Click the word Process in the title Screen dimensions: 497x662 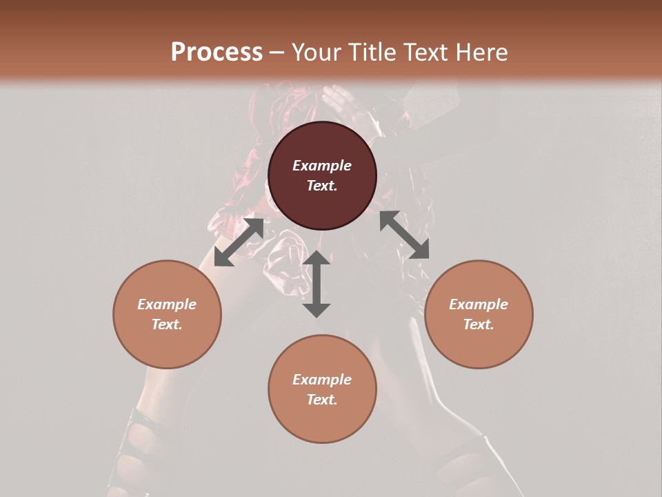[217, 52]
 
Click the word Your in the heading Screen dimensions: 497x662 [317, 52]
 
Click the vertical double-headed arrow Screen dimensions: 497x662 [317, 284]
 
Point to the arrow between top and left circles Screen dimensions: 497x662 [239, 242]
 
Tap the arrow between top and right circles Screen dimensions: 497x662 [404, 235]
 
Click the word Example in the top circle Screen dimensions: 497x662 [322, 166]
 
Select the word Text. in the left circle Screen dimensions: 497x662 [167, 324]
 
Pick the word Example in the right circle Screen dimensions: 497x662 [478, 304]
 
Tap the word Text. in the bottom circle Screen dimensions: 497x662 [322, 400]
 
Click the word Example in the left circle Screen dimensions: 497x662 [167, 304]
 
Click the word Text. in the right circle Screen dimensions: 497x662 [478, 324]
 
